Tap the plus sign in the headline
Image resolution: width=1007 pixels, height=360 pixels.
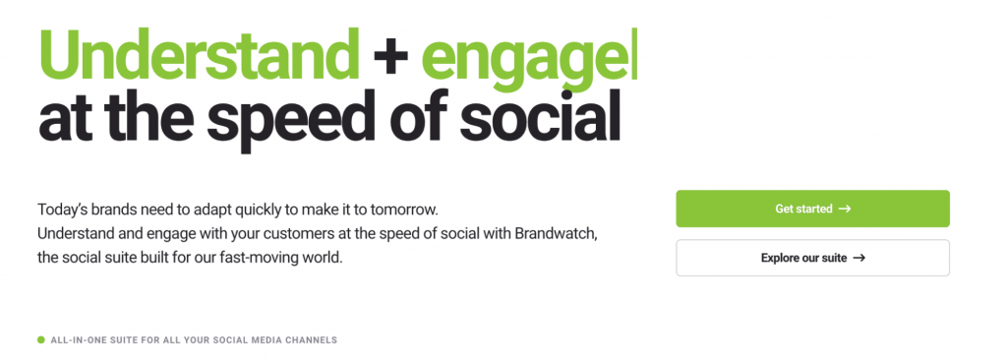[x=391, y=57]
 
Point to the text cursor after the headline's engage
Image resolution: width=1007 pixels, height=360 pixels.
[x=636, y=55]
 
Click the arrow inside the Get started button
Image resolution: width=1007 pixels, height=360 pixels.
[x=844, y=209]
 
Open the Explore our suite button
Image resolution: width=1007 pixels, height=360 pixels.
[x=811, y=258]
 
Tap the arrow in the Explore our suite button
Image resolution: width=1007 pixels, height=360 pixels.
[x=859, y=258]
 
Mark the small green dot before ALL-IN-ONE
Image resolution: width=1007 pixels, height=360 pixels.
[x=41, y=340]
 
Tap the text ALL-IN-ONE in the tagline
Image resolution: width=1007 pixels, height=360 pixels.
[x=78, y=340]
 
